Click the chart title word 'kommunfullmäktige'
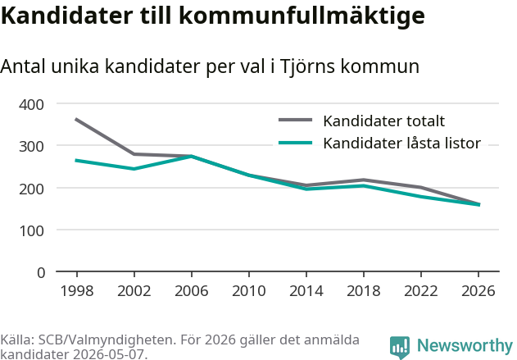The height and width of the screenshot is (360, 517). pyautogui.click(x=302, y=16)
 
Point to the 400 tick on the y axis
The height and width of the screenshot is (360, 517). pyautogui.click(x=31, y=105)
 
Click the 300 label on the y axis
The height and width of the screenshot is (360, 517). pyautogui.click(x=31, y=147)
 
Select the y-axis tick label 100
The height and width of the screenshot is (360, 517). pyautogui.click(x=31, y=230)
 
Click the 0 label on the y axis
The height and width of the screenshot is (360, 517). pyautogui.click(x=41, y=273)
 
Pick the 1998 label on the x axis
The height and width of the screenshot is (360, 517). pyautogui.click(x=77, y=291)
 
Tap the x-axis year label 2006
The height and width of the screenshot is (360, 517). pyautogui.click(x=192, y=291)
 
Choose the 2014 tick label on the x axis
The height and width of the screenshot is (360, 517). pyautogui.click(x=306, y=291)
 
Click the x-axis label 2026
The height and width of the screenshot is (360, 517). pyautogui.click(x=478, y=291)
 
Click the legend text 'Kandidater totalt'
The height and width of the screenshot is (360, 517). pyautogui.click(x=383, y=121)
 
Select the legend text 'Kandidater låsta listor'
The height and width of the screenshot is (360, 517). pyautogui.click(x=402, y=144)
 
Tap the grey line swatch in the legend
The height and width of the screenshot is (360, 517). pyautogui.click(x=296, y=120)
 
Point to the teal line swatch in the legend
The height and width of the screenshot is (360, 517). pyautogui.click(x=296, y=143)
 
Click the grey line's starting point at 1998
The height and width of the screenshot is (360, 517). pyautogui.click(x=76, y=119)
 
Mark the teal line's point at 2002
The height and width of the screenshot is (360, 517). pyautogui.click(x=134, y=169)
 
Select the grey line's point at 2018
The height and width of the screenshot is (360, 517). pyautogui.click(x=364, y=180)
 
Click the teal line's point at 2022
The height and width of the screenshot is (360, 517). pyautogui.click(x=421, y=196)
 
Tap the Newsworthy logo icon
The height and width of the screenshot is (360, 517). pyautogui.click(x=400, y=348)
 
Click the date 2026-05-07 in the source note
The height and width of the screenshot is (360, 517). pyautogui.click(x=108, y=354)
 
